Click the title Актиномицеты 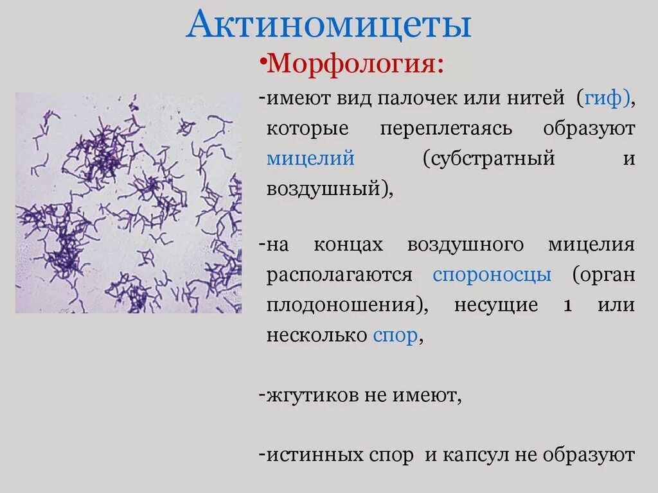click(x=328, y=26)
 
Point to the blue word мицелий click(x=310, y=158)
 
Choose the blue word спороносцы click(x=492, y=275)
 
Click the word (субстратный click(x=488, y=158)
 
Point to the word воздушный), click(x=330, y=188)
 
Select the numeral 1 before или click(x=567, y=306)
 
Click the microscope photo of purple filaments click(x=129, y=202)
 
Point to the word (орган click(x=603, y=275)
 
